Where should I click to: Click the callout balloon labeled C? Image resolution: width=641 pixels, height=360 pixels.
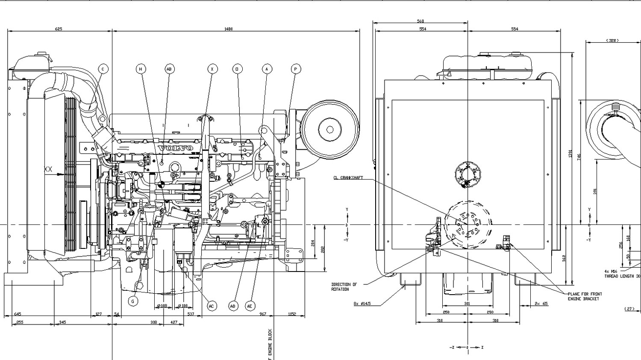pos(103,69)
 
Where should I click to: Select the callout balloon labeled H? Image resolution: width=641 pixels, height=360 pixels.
pos(141,69)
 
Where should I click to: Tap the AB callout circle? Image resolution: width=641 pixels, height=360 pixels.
pos(169,69)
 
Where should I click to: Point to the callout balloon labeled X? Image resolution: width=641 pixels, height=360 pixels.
pos(212,69)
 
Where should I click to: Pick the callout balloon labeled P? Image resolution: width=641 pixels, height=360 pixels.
pos(295,69)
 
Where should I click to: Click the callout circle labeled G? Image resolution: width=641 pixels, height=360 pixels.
pos(133,301)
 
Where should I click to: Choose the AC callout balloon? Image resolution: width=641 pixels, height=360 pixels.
pos(211,306)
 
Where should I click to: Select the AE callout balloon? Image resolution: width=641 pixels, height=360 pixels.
pos(250,306)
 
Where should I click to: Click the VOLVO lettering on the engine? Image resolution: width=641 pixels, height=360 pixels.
pos(175,148)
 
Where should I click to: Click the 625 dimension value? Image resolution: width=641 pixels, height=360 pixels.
pos(59,29)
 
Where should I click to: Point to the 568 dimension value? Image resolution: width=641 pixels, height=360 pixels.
pos(420,21)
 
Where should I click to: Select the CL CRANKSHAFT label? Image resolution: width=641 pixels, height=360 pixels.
pos(348,178)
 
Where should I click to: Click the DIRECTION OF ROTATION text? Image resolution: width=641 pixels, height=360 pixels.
pos(344,287)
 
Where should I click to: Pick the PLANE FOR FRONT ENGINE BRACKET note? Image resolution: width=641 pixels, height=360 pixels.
pos(585,296)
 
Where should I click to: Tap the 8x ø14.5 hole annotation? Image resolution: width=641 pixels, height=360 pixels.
pos(362,304)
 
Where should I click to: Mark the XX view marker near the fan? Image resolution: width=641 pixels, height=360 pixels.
pos(48,170)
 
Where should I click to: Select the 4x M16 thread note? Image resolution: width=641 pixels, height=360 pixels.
pos(622,274)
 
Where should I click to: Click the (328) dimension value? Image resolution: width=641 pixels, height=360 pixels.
pos(612,41)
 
